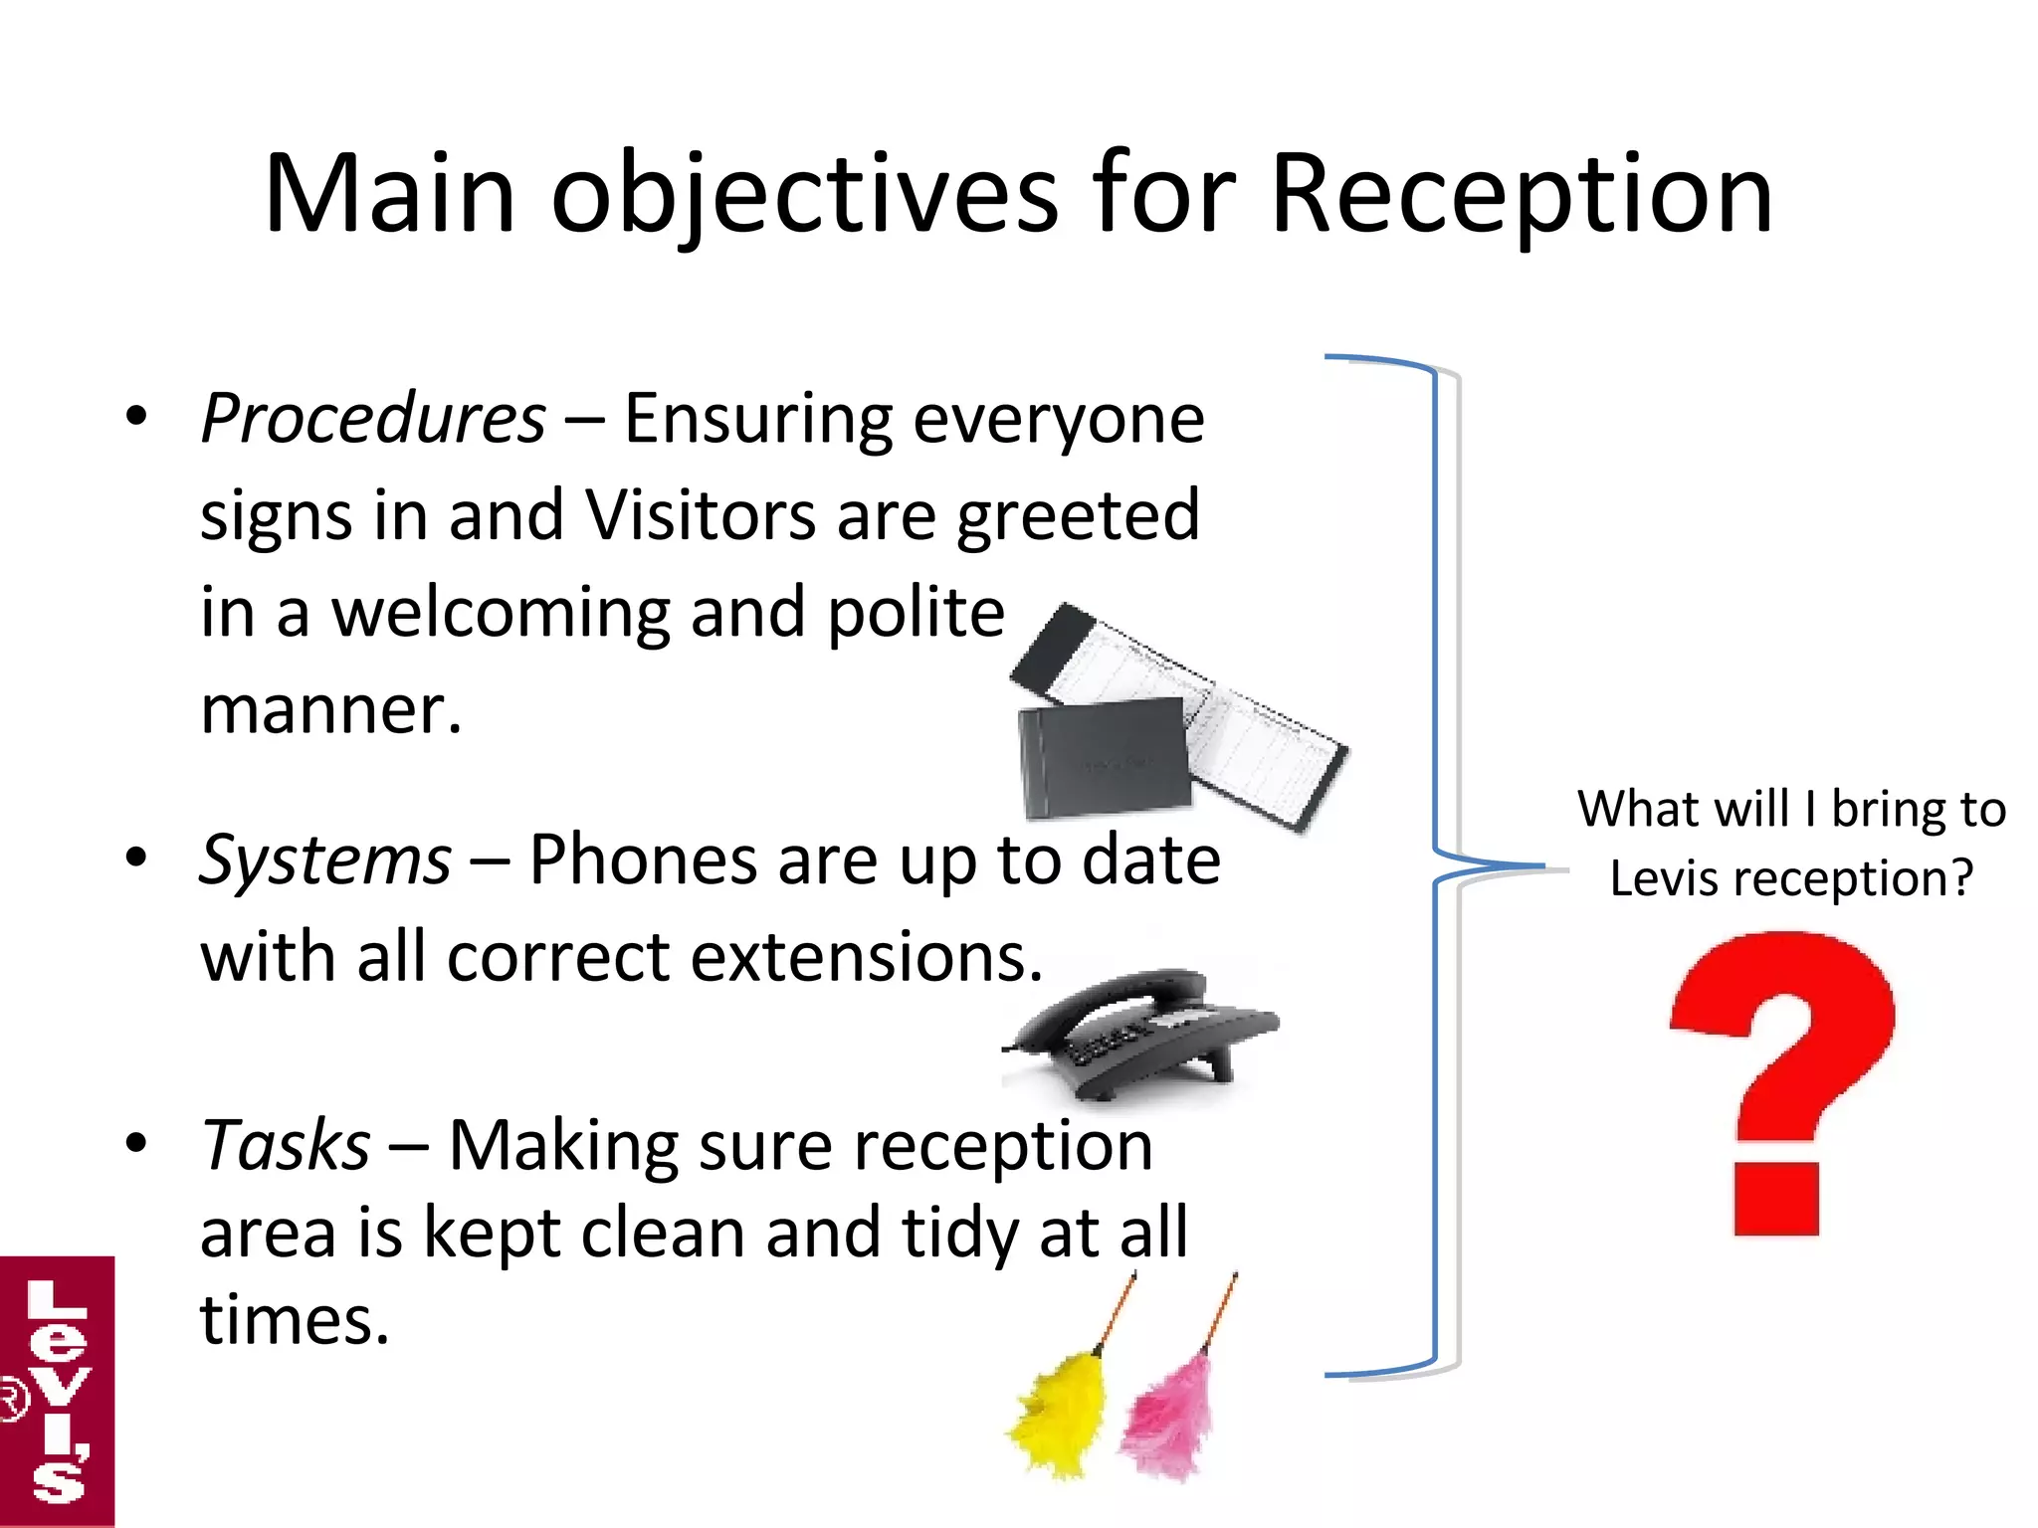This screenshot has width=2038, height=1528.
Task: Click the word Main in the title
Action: point(389,194)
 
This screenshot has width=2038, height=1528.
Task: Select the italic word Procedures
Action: point(373,419)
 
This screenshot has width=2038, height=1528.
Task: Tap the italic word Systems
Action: point(325,859)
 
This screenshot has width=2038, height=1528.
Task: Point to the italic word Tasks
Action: point(286,1145)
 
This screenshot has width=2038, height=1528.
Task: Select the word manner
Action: point(330,710)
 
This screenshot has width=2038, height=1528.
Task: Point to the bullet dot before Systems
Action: point(136,857)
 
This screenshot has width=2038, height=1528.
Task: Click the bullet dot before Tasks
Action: point(136,1143)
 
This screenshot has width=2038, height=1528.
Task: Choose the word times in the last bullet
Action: point(294,1320)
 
